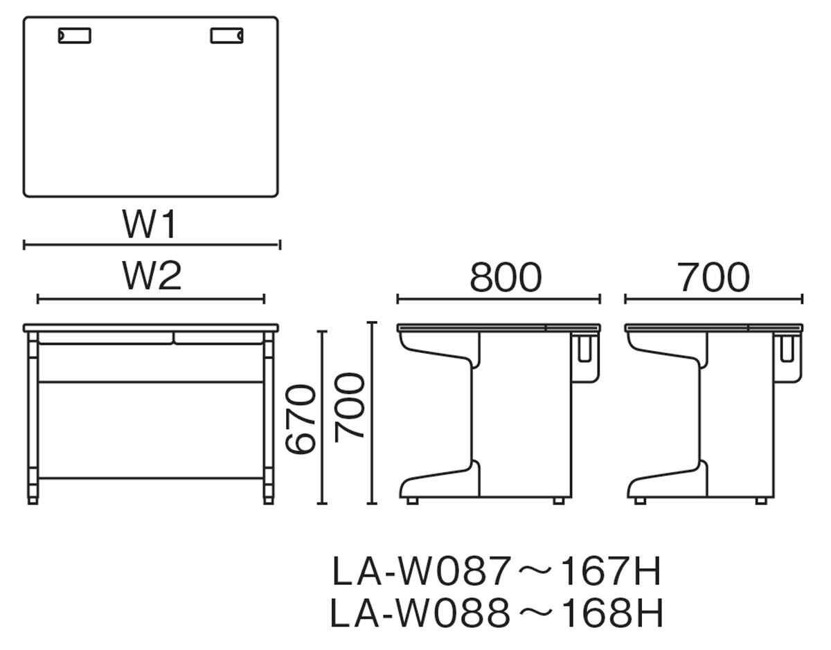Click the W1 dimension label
point(150,224)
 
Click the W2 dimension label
point(152,276)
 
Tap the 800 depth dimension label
point(506,277)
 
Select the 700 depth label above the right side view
point(713,277)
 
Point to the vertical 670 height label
point(301,419)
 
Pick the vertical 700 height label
point(350,408)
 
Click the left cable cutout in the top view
point(75,35)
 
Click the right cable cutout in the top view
point(226,35)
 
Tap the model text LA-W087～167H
point(497,571)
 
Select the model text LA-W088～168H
point(497,613)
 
